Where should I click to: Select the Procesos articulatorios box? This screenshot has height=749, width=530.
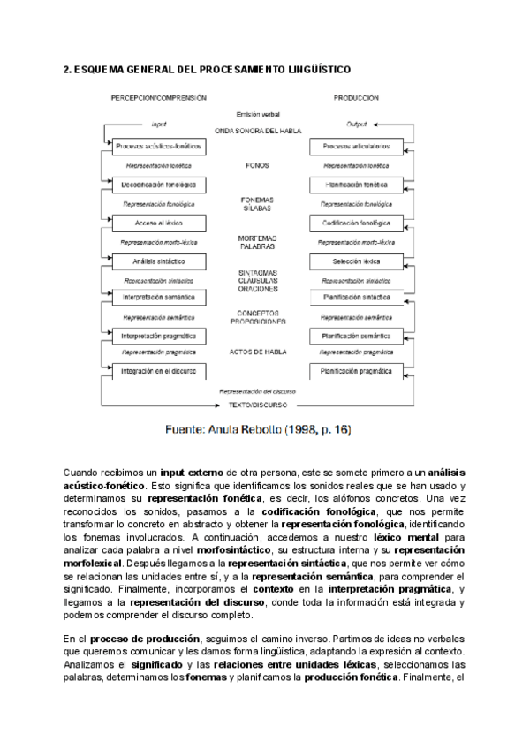tap(357, 146)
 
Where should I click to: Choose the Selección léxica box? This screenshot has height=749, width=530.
tap(357, 261)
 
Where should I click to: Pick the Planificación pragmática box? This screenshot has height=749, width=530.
tap(357, 372)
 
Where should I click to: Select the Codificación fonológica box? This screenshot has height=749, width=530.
tap(357, 223)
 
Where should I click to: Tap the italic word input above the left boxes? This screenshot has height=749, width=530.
tap(159, 125)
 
